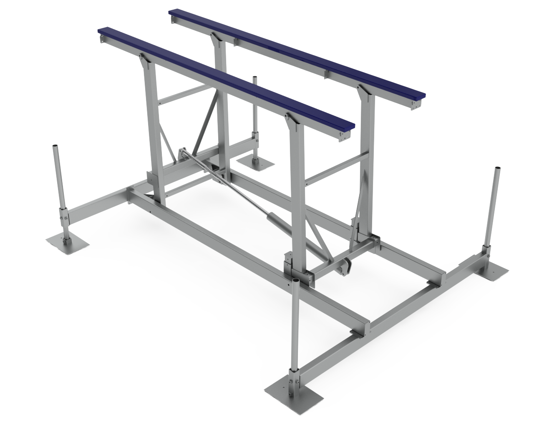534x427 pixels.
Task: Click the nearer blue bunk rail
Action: click(x=225, y=77)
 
